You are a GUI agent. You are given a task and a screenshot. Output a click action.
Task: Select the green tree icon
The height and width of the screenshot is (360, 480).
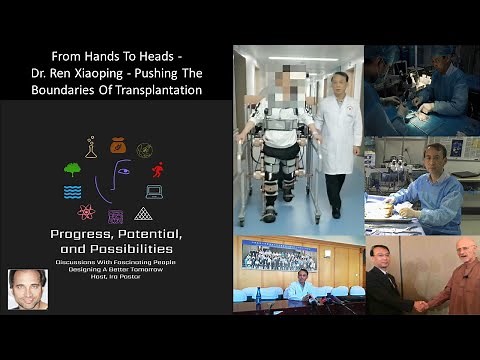point(72,169)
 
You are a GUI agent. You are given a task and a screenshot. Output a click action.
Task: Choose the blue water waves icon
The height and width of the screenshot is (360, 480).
point(72,191)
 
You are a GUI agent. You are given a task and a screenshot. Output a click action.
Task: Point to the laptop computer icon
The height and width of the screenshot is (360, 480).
point(154,191)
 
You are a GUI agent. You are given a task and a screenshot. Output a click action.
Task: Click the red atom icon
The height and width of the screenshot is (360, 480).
point(86,212)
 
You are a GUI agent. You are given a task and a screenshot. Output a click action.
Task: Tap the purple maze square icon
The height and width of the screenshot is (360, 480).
point(115,216)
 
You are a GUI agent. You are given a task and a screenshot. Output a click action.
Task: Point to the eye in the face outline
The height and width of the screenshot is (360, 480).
point(122,172)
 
